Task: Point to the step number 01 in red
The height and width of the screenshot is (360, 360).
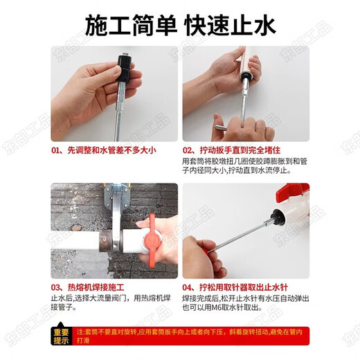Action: coord(57,150)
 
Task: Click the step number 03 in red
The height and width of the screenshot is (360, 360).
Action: coord(57,286)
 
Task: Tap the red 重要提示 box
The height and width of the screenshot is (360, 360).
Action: coord(60,336)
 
